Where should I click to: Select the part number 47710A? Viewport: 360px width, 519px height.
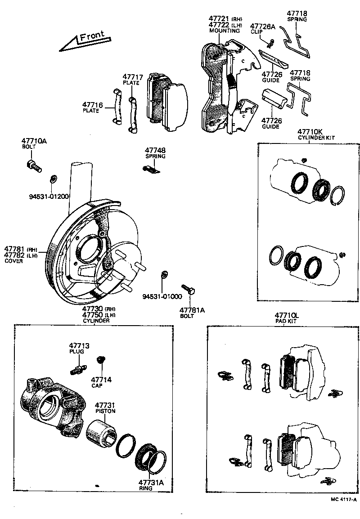click(x=34, y=141)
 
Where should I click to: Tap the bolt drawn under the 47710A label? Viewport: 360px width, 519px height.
click(x=34, y=166)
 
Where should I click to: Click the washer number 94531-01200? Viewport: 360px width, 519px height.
click(x=49, y=196)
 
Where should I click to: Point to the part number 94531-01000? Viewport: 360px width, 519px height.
click(x=162, y=296)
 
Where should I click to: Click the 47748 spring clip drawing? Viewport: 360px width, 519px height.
click(x=152, y=169)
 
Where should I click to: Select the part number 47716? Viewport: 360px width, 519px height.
click(x=92, y=105)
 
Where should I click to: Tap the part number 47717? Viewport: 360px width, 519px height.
click(x=133, y=77)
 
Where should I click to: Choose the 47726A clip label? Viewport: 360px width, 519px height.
click(x=262, y=27)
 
